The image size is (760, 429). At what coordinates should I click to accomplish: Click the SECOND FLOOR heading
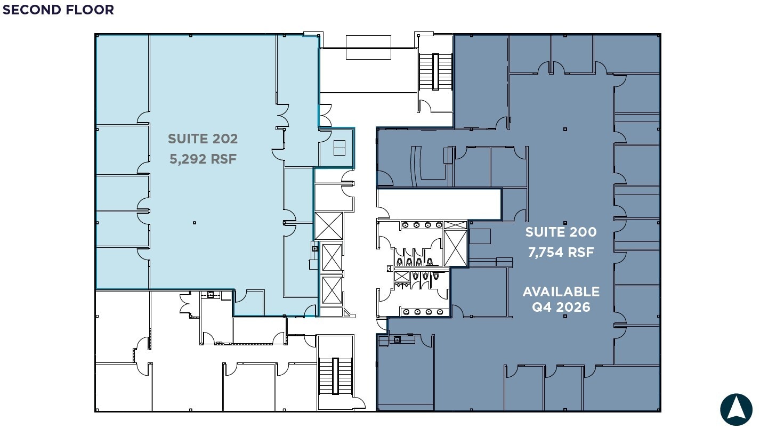point(58,10)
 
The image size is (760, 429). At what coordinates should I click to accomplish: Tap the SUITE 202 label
point(203,139)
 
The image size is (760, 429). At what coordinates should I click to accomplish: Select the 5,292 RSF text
point(203,159)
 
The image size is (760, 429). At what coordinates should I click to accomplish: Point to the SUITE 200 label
point(561,232)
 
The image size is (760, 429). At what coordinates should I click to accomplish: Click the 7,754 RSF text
point(561,252)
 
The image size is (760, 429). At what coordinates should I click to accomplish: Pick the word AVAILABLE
point(561,292)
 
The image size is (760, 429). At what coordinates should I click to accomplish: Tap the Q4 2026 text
point(561,307)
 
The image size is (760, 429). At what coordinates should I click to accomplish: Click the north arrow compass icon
point(736,409)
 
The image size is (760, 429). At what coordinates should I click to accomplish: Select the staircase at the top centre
point(435,72)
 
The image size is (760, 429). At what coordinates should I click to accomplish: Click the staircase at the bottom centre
point(335,376)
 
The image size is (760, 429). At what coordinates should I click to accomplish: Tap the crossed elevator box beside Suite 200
point(455,248)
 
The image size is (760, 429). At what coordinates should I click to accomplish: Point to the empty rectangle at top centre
point(368,47)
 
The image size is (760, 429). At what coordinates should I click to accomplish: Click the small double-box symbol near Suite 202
point(339,148)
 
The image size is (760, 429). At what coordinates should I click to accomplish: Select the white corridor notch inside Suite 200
point(439,204)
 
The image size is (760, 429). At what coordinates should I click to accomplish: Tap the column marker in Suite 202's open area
point(195,223)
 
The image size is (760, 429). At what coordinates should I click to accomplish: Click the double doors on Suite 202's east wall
point(284,115)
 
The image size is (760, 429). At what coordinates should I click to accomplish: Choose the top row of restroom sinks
point(422,225)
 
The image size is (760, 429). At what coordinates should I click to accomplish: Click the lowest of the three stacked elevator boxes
point(332,290)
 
